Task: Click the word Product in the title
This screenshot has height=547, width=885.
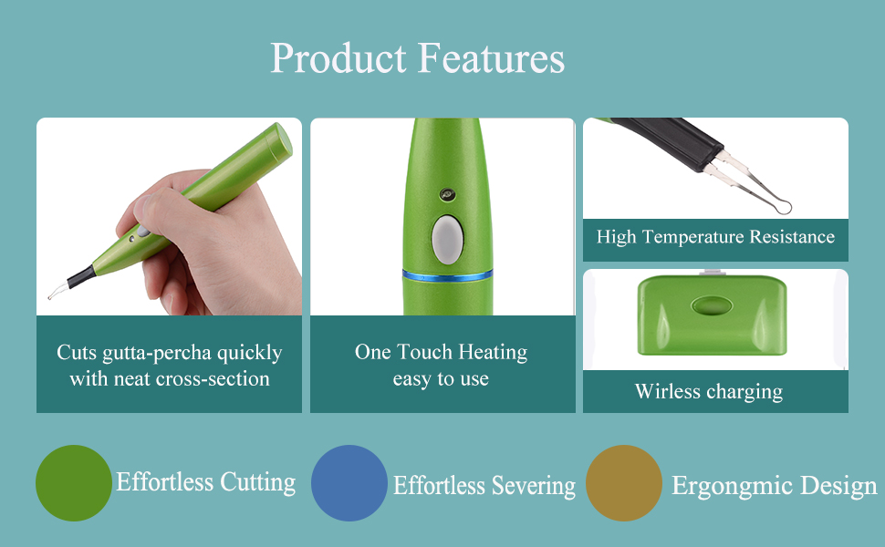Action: click(x=338, y=59)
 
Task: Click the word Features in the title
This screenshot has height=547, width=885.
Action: click(x=492, y=58)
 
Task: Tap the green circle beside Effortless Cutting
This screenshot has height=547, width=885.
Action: click(x=73, y=482)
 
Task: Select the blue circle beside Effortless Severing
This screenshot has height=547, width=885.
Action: click(x=349, y=482)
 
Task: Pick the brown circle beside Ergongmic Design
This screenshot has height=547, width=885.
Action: click(x=624, y=482)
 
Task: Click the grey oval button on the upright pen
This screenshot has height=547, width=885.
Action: click(x=448, y=240)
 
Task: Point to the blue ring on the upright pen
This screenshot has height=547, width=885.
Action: click(x=448, y=275)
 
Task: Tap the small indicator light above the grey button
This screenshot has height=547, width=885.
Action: click(x=448, y=194)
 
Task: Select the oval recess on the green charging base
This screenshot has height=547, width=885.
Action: click(x=712, y=306)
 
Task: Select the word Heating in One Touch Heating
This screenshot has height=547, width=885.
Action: click(x=493, y=353)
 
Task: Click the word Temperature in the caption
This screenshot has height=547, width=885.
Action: click(x=695, y=237)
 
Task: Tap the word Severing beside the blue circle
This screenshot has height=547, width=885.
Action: click(x=534, y=487)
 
